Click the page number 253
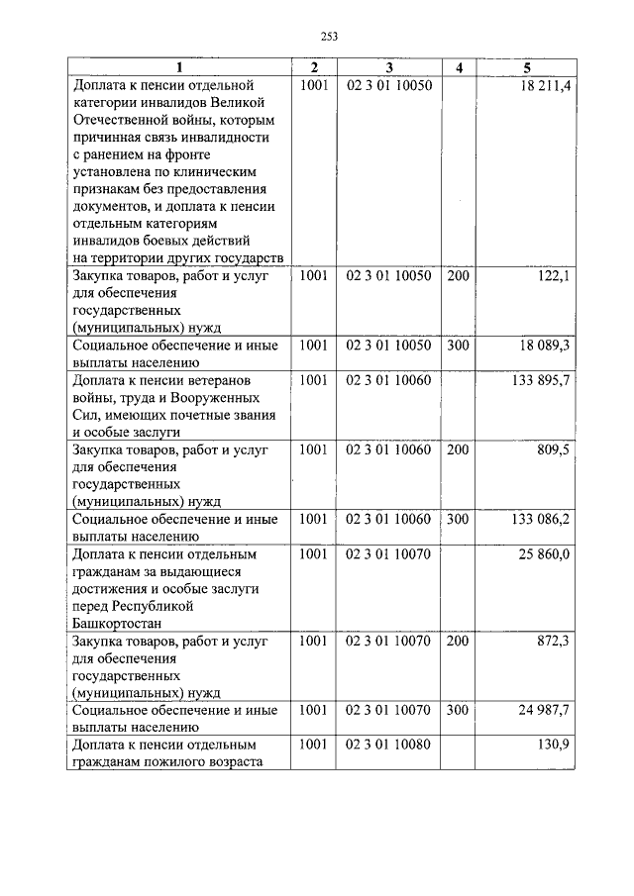point(330,36)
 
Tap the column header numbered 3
point(389,67)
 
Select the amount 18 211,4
point(544,86)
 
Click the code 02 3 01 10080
point(388,745)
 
